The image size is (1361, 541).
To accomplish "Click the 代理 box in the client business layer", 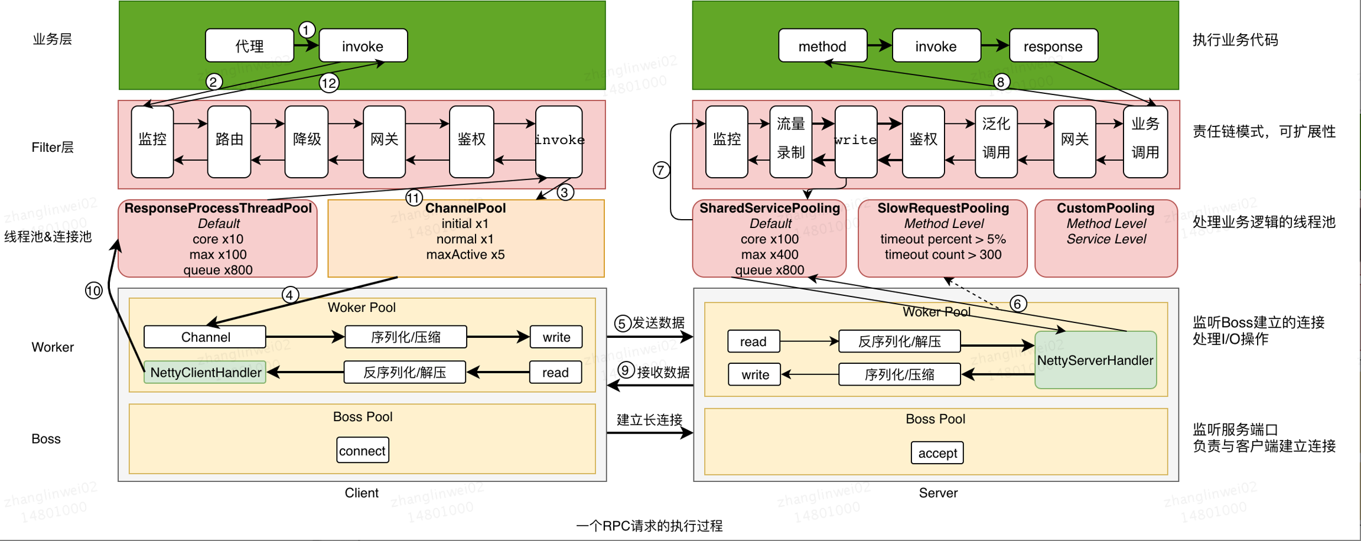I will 249,46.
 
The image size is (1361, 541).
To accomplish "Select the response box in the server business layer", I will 1053,46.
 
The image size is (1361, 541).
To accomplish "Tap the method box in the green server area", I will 822,46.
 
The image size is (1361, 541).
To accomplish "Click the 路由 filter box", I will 229,141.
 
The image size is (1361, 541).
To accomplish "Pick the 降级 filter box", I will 307,141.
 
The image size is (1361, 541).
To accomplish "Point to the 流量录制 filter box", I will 790,139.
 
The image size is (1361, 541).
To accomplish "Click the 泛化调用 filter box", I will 996,139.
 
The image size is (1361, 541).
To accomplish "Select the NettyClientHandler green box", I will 205,373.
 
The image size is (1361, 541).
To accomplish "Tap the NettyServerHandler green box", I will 1095,360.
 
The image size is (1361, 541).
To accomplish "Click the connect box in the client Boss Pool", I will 362,451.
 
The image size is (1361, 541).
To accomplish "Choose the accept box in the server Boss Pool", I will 937,453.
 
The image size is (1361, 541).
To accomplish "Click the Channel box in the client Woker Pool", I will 205,337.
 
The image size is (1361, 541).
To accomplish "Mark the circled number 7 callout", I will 661,171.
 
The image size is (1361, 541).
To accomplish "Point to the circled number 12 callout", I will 329,83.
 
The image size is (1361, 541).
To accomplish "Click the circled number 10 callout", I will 93,291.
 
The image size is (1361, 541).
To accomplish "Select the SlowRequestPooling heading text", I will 943,208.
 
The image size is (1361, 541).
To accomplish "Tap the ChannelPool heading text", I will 465,208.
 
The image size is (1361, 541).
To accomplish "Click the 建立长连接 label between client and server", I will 649,420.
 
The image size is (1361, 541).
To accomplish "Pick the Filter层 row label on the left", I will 53,148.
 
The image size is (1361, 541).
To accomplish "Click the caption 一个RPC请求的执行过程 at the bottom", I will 649,526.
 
